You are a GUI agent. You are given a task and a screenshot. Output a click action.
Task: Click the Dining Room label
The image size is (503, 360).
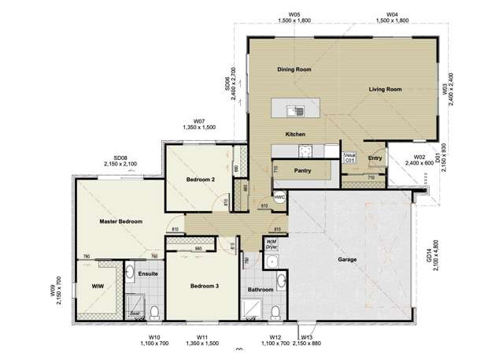click(x=294, y=70)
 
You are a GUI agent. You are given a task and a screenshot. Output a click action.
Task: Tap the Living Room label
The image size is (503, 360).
click(x=385, y=90)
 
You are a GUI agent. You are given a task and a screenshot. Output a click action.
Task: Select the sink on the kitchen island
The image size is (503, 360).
click(x=294, y=110)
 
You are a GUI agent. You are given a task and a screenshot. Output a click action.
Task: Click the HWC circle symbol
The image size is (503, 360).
click(x=279, y=197)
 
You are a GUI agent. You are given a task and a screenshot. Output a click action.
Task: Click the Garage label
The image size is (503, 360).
click(x=347, y=259)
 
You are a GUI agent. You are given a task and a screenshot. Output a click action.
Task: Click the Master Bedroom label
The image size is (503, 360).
click(x=120, y=222)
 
